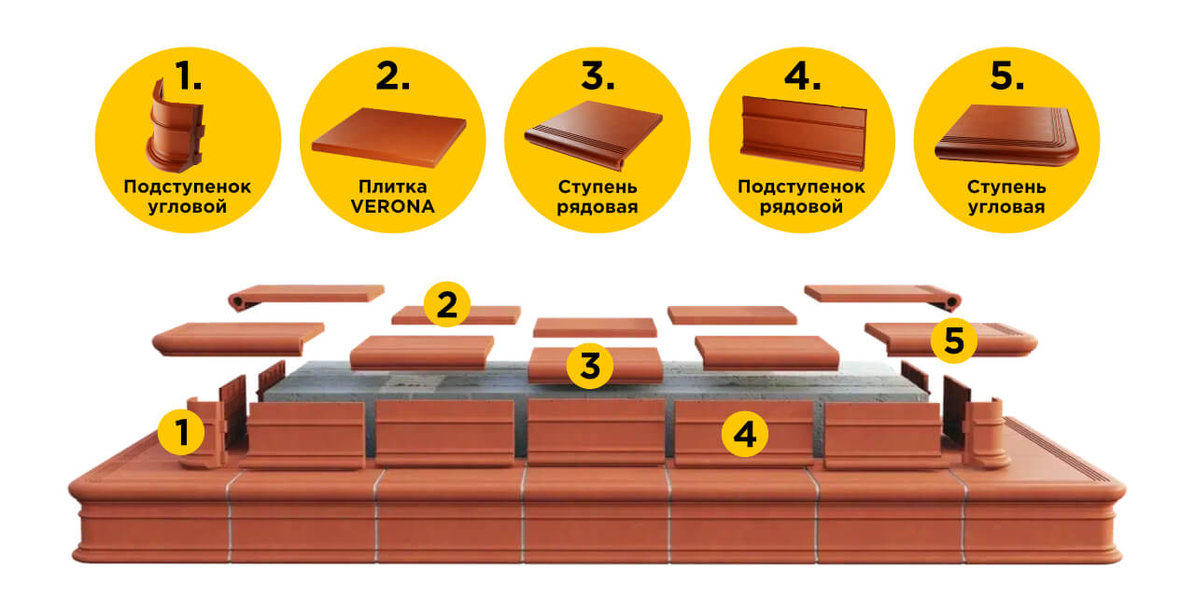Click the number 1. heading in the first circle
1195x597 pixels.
(189, 76)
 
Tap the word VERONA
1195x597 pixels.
(393, 207)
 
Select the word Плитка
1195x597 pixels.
(393, 187)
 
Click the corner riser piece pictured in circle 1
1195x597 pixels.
(174, 128)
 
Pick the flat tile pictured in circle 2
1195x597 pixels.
(389, 136)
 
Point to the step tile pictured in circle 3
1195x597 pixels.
(593, 135)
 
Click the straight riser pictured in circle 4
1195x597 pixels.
(804, 133)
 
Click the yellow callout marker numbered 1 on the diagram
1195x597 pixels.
(181, 432)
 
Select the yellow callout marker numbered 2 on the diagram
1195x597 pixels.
(447, 304)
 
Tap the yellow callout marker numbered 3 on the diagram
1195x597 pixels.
(590, 366)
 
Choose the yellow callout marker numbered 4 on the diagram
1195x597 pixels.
(745, 434)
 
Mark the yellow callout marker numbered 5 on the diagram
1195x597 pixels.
(954, 340)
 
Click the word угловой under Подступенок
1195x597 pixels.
(188, 207)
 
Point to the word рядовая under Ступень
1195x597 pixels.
(597, 207)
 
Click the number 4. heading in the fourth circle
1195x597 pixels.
(803, 76)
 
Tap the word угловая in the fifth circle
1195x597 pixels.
(1006, 207)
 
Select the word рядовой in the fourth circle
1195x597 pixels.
(801, 207)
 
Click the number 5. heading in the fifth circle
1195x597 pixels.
(1007, 76)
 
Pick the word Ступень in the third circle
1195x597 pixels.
(597, 187)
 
